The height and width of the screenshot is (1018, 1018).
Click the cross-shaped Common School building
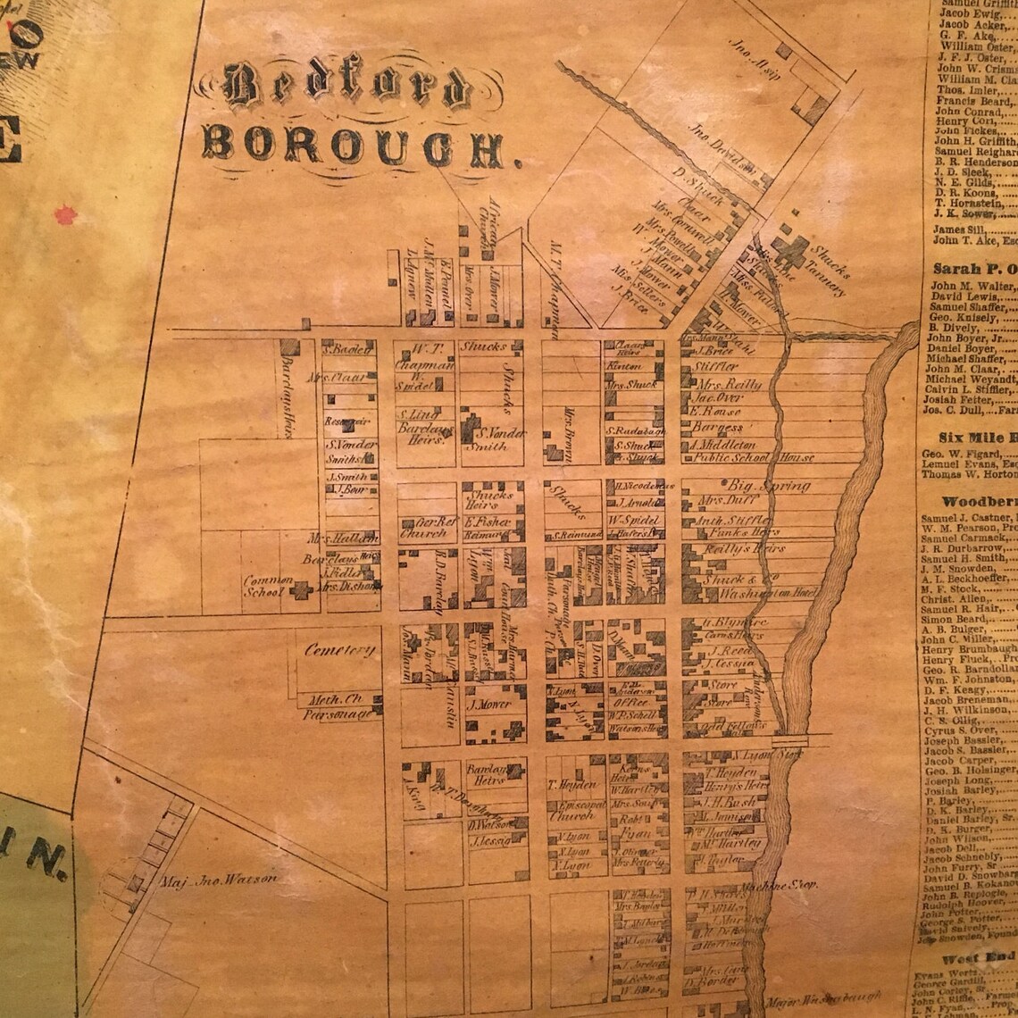[302, 589]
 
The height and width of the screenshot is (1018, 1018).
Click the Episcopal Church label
[577, 809]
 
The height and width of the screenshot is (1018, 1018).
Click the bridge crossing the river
[789, 740]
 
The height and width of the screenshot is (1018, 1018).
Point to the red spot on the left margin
[64, 214]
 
